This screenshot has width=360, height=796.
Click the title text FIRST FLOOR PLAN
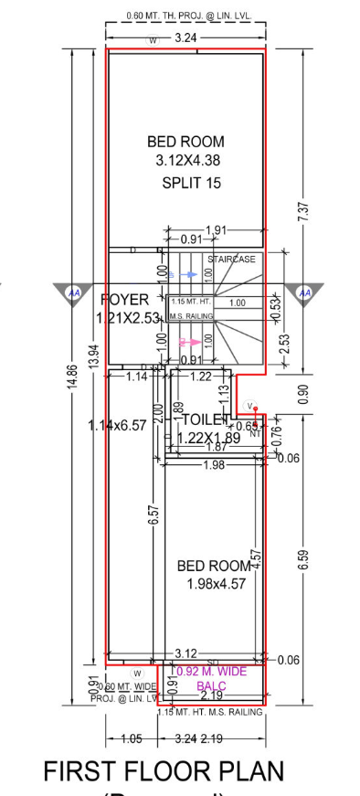(164, 772)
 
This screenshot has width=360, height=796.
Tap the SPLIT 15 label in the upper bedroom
(191, 183)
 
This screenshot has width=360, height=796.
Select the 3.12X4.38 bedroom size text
(186, 161)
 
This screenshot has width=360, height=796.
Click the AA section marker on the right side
(305, 292)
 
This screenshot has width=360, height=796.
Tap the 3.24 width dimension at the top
(185, 38)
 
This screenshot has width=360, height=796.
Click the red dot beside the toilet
(257, 409)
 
